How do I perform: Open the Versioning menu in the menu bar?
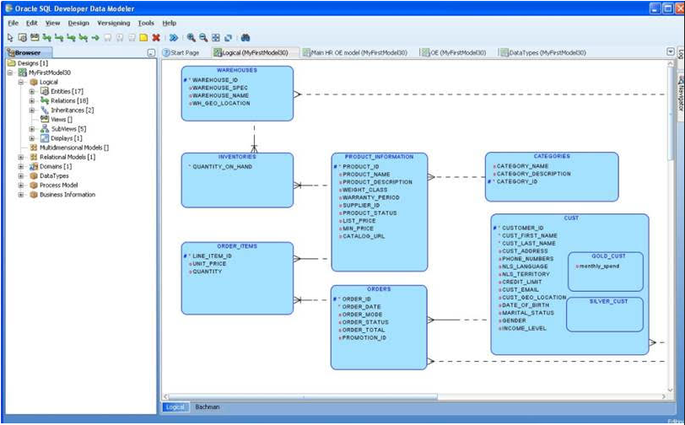tap(113, 24)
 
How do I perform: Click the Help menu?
tap(169, 24)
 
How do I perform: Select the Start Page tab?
tap(184, 52)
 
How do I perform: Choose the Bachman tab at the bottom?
tap(208, 406)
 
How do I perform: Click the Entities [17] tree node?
tap(67, 91)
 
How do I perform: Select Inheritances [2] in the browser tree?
tap(73, 110)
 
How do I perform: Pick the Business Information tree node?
tap(67, 194)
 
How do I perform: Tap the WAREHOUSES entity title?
tap(237, 71)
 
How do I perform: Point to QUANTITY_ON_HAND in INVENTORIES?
tap(222, 167)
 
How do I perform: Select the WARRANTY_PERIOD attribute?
tap(370, 198)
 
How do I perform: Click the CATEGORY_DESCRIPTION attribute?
tap(533, 174)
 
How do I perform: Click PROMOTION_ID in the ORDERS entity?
tap(364, 337)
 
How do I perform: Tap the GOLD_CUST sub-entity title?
tap(604, 256)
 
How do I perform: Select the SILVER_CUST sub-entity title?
tap(604, 301)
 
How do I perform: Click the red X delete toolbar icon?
tap(156, 38)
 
